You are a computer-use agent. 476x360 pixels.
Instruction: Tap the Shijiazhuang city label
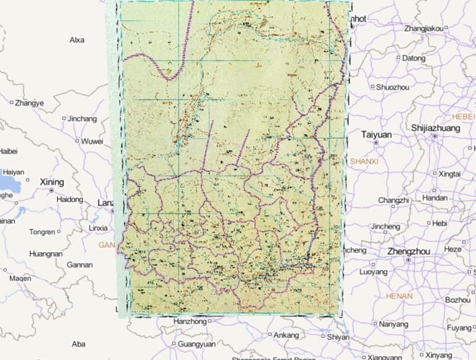436,128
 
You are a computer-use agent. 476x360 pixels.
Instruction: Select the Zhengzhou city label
408,251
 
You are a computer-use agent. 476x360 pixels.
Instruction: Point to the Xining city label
51,182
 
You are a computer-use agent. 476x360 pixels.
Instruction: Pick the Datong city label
414,58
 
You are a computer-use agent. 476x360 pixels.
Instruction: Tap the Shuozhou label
393,87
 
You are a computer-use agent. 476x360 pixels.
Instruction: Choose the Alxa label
77,40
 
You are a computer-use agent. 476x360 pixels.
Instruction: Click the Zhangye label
29,103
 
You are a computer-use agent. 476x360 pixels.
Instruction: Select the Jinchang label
82,118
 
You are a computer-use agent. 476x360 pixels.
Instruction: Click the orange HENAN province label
399,296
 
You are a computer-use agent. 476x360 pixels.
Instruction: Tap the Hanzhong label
190,322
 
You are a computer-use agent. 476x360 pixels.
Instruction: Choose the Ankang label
286,335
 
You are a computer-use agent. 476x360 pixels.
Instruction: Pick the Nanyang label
394,324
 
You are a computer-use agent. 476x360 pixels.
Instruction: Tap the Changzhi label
394,200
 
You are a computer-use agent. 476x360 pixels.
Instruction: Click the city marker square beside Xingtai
435,173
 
